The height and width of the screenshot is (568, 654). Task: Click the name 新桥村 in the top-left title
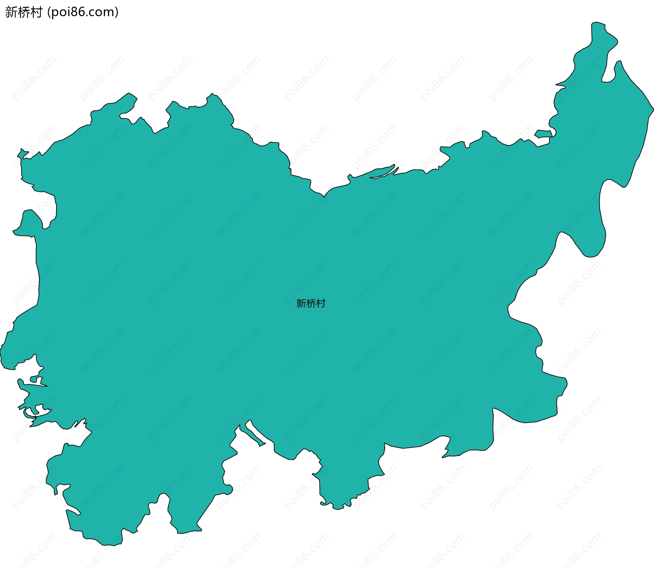pos(24,12)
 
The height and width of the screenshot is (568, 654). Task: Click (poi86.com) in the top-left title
pos(83,12)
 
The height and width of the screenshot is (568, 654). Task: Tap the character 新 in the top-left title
pos(11,12)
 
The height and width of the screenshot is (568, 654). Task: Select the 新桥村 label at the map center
pos(311,303)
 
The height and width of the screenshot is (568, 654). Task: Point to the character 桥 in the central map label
pos(311,303)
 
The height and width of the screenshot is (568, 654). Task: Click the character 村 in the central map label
pos(321,303)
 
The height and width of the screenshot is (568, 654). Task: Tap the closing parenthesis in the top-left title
pos(116,12)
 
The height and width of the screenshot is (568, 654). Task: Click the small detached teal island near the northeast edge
pos(543,134)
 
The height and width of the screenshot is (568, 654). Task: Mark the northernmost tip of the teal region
pos(597,23)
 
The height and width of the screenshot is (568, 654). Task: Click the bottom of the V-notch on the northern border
pos(324,197)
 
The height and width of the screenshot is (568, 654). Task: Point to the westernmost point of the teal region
pos(1,354)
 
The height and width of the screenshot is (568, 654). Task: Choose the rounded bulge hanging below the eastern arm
pos(591,245)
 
